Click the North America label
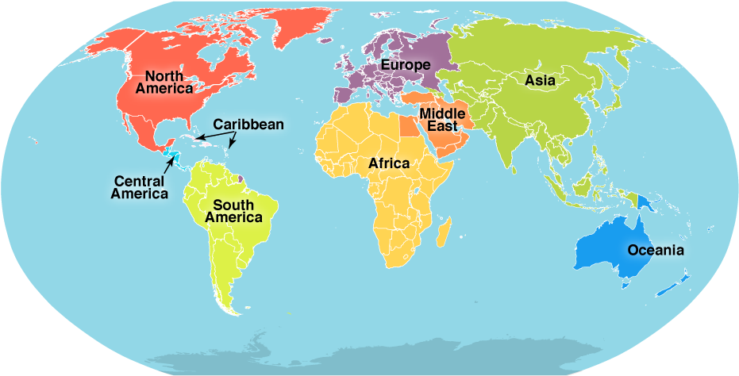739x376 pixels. point(164,82)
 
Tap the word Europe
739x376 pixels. point(405,64)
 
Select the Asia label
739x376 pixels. point(540,80)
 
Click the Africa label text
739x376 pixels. point(389,163)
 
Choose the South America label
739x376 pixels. point(233,211)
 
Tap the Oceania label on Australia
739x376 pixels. point(655,250)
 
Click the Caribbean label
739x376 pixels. point(248,125)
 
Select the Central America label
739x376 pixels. point(140,186)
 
